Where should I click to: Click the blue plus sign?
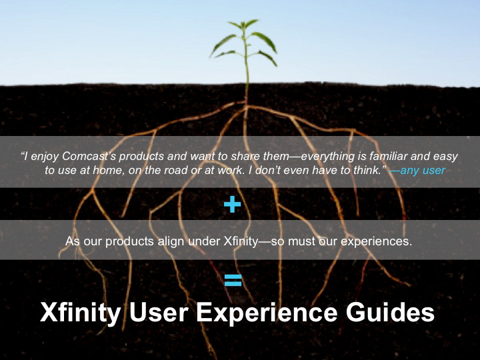tap(233, 204)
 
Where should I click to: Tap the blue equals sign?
tap(233, 280)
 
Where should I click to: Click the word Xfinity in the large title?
tap(81, 313)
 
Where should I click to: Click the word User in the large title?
tap(159, 312)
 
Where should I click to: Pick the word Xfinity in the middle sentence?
tap(241, 241)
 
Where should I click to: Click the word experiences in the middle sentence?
tap(376, 241)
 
